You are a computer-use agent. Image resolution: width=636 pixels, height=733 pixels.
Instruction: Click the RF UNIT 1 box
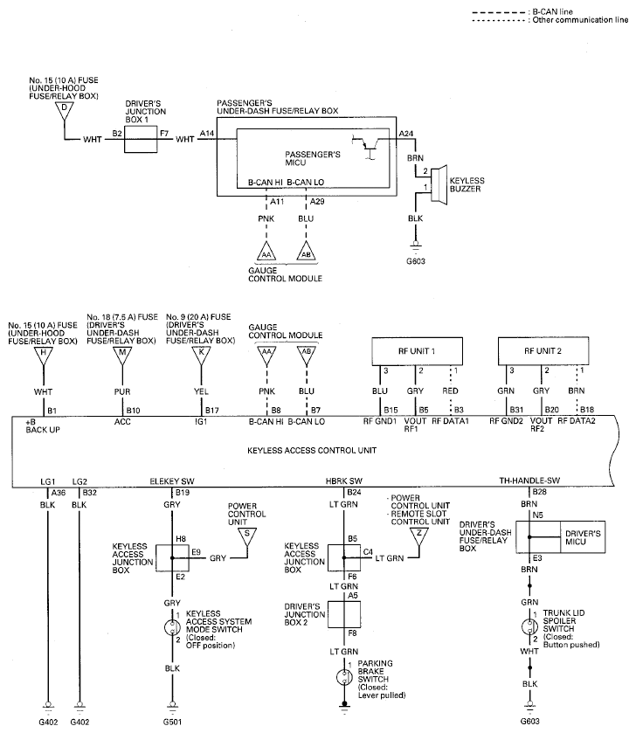coord(417,351)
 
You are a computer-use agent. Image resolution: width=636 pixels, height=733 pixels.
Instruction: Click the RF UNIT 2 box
coord(543,351)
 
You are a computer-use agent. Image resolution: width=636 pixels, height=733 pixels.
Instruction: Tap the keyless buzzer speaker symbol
coord(439,184)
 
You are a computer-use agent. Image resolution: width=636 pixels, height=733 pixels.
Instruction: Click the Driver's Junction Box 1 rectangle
coord(141,139)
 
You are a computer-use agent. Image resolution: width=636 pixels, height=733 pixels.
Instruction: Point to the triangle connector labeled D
coord(64,111)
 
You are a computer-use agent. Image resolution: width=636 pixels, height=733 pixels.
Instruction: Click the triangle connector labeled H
coord(44,356)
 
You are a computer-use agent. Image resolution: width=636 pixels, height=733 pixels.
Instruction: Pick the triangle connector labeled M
coord(122,356)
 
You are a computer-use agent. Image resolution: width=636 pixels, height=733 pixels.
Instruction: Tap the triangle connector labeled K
coord(202,356)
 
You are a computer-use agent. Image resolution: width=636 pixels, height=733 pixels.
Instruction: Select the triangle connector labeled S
coord(246,536)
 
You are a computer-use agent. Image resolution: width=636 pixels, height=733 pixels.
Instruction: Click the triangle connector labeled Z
coord(419,536)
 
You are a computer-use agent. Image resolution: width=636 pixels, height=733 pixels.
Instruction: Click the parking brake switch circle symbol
coord(344,677)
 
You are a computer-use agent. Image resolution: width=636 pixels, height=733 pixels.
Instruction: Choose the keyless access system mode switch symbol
coord(172,627)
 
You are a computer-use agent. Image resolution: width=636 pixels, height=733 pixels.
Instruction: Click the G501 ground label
coord(172,722)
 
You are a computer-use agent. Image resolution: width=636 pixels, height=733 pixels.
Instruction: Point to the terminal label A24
coord(405,134)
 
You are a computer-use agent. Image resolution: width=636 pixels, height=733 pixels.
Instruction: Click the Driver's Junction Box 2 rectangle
coord(344,614)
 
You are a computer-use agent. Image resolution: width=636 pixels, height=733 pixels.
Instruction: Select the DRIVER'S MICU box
coord(583,537)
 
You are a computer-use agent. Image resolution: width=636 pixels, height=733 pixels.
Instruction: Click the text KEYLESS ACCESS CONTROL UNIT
coord(312,451)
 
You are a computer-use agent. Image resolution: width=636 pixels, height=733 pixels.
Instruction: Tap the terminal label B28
coord(540,492)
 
